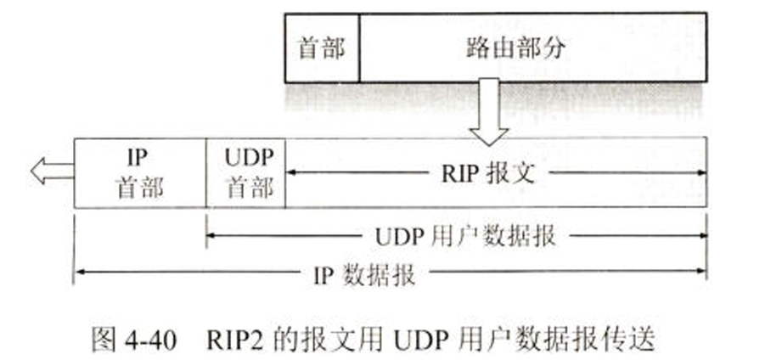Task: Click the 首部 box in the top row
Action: click(322, 48)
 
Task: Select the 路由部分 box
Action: click(515, 48)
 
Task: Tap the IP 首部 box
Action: click(140, 172)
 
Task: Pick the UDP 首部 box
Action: click(245, 172)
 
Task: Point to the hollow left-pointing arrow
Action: click(51, 172)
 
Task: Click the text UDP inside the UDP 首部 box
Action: click(245, 159)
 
